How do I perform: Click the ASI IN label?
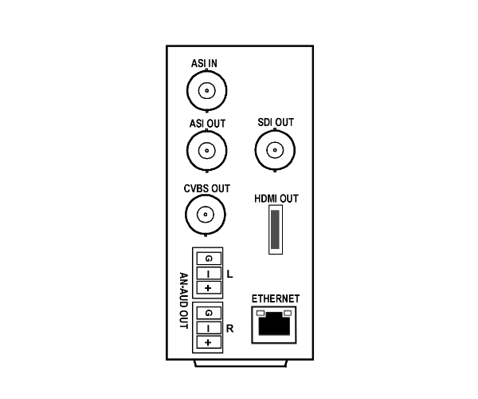click(x=204, y=63)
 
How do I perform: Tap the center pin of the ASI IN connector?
click(x=207, y=91)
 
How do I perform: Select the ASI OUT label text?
click(x=207, y=124)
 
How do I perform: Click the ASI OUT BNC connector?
click(x=207, y=151)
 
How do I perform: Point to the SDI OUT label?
click(x=276, y=122)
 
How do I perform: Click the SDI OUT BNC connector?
click(x=275, y=150)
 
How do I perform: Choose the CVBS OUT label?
click(x=206, y=188)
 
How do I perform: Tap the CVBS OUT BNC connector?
click(x=206, y=215)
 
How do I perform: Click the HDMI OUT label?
click(x=276, y=199)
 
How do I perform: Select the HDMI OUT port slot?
click(x=276, y=229)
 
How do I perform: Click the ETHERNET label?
click(x=276, y=298)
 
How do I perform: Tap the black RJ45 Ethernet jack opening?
click(x=274, y=324)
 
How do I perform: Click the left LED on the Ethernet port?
click(x=261, y=313)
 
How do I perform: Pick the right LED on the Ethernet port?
click(x=288, y=313)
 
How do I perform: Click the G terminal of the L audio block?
click(x=209, y=259)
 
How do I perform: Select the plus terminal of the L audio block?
click(x=209, y=287)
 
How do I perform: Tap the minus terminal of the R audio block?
click(x=209, y=328)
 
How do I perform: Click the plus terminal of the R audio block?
click(x=209, y=342)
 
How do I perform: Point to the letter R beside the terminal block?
click(x=230, y=329)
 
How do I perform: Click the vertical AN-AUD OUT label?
click(x=183, y=301)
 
